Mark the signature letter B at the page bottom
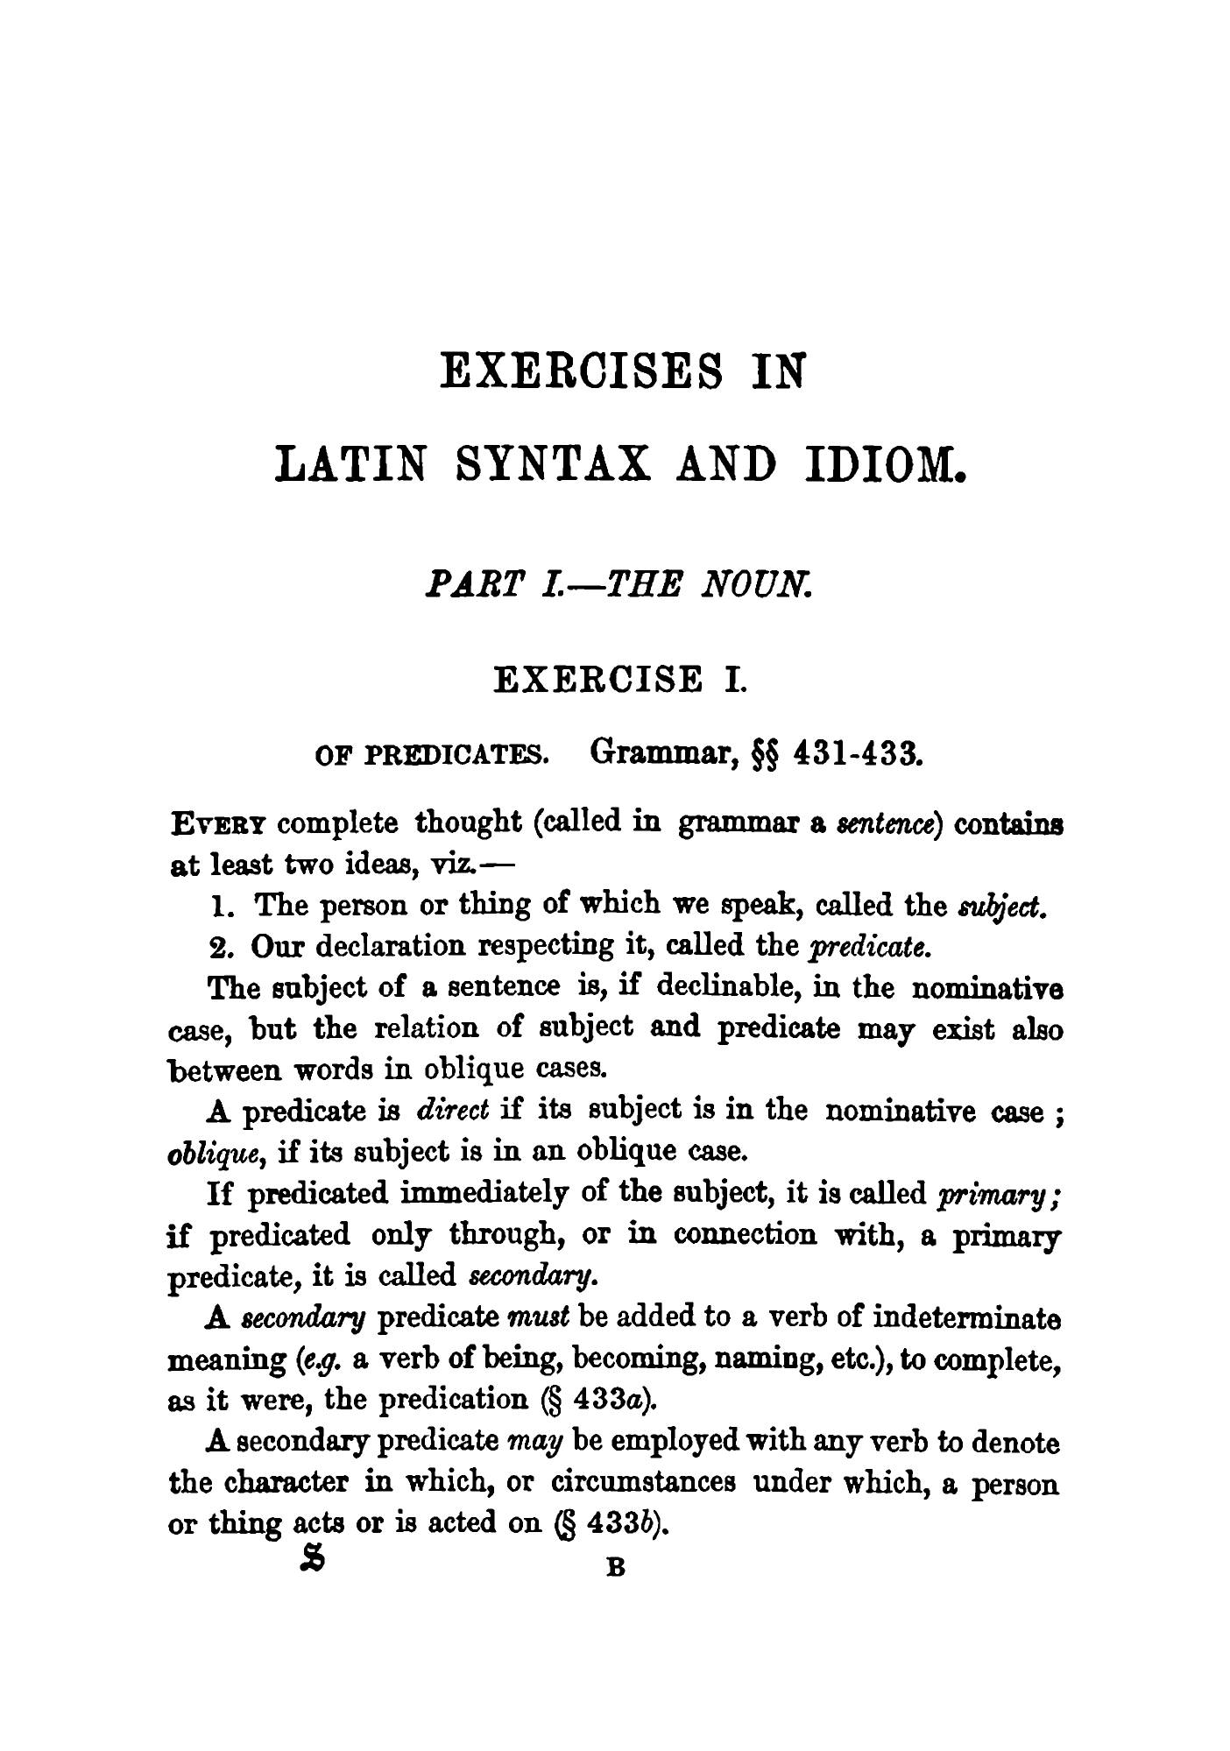(x=615, y=1568)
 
